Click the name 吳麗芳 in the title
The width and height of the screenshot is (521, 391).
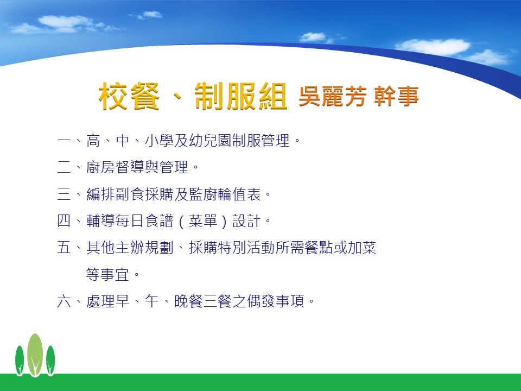pyautogui.click(x=333, y=97)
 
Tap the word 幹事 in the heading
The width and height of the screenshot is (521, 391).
pyautogui.click(x=396, y=97)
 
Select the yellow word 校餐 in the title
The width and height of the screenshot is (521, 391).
pyautogui.click(x=129, y=96)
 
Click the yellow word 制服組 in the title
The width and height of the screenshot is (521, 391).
pyautogui.click(x=240, y=96)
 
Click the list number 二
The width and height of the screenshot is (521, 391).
pyautogui.click(x=64, y=167)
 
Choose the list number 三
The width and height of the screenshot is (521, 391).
pyautogui.click(x=64, y=194)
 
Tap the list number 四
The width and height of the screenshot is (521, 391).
pyautogui.click(x=64, y=221)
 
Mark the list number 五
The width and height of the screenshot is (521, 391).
pyautogui.click(x=64, y=248)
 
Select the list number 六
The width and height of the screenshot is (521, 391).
pyautogui.click(x=64, y=301)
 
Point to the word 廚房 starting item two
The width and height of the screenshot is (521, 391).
pyautogui.click(x=100, y=167)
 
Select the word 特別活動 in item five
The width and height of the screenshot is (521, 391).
pyautogui.click(x=246, y=248)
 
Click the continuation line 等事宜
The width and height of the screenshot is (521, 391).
pyautogui.click(x=107, y=275)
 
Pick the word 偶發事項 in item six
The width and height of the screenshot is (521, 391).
pyautogui.click(x=276, y=301)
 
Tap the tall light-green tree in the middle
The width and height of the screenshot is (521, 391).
pyautogui.click(x=35, y=355)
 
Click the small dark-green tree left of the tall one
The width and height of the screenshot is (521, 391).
pyautogui.click(x=20, y=361)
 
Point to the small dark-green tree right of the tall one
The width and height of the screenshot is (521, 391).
pyautogui.click(x=50, y=361)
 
